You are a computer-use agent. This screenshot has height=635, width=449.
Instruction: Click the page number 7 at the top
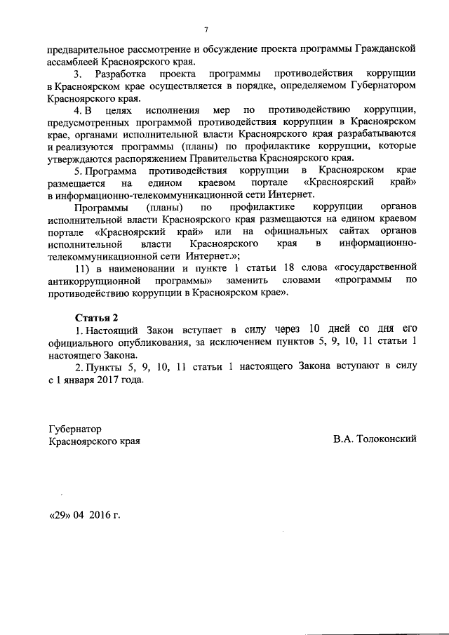[206, 29]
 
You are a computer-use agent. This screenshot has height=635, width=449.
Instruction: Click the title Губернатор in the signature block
[76, 429]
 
